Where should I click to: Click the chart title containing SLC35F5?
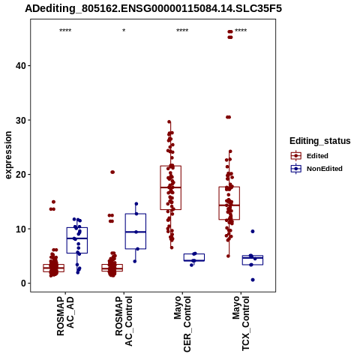153,9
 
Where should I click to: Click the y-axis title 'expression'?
8,155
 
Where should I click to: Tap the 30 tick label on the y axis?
20,120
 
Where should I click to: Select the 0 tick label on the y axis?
23,283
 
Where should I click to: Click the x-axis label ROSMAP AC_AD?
65,316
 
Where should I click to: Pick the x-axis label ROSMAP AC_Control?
124,321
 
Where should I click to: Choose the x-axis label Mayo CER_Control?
182,324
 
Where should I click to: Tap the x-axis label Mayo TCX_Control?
241,323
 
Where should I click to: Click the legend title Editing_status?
320,141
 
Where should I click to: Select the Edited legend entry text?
317,156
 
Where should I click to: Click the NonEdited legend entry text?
325,169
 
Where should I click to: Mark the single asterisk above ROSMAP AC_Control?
124,31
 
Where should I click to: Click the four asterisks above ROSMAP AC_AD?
65,31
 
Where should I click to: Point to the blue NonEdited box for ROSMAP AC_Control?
136,231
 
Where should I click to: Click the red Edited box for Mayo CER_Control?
171,187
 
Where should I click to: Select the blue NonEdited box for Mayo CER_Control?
194,257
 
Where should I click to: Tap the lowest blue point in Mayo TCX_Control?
253,280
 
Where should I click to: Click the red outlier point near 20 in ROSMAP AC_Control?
112,172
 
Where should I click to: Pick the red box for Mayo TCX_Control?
229,203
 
